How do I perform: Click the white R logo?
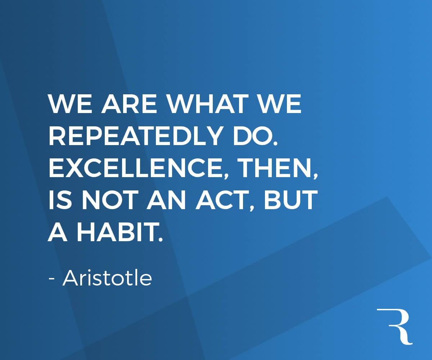coord(395,326)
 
